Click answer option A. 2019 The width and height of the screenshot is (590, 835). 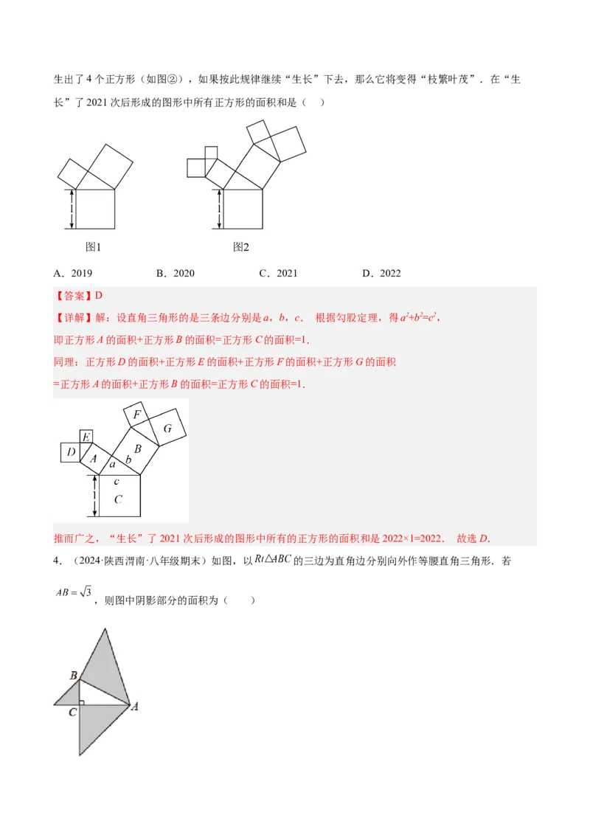tap(73, 274)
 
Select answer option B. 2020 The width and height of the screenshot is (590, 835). tap(176, 274)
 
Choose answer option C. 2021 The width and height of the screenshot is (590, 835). tap(278, 274)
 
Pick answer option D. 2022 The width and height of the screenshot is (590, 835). tap(381, 274)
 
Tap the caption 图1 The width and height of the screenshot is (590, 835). tap(93, 247)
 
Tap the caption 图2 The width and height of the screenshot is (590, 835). tap(241, 247)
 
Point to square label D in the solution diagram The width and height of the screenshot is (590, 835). tap(71, 451)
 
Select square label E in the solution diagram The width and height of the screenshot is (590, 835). tap(86, 438)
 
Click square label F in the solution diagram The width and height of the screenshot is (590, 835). tap(136, 415)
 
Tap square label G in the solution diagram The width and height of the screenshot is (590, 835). tap(167, 429)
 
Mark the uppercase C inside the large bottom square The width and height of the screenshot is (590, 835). tap(118, 499)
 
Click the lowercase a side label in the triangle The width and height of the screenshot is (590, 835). tap(112, 465)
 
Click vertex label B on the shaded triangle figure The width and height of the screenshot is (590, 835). tap(73, 675)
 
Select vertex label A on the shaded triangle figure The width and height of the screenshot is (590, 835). tap(135, 707)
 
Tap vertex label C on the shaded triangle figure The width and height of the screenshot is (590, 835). tap(72, 713)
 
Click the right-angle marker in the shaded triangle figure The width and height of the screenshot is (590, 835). tap(83, 701)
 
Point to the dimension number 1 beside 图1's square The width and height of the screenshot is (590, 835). tap(71, 209)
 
